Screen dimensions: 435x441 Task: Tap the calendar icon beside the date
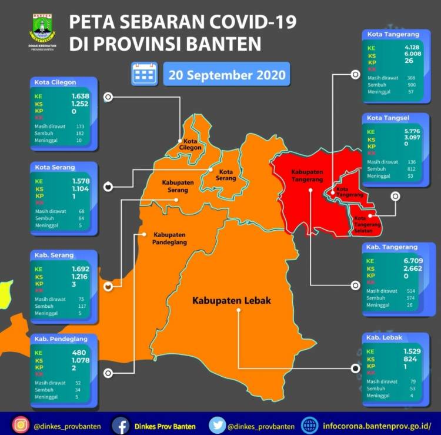click(144, 75)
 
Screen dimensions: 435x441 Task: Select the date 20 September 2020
click(226, 75)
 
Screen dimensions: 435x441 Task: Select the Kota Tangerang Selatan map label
click(367, 225)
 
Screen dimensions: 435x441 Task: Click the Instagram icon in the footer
click(20, 424)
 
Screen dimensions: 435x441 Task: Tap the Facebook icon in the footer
click(121, 424)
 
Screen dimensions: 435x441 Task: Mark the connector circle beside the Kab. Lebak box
click(355, 368)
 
